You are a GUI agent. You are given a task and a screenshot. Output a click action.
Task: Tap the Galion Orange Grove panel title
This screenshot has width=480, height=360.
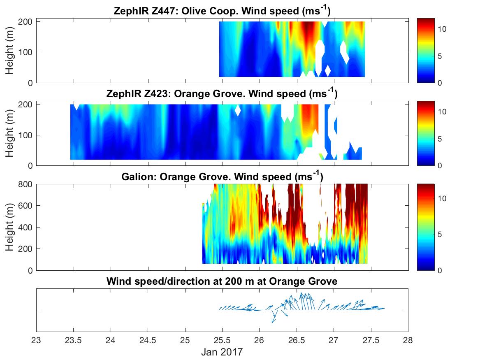(x=222, y=177)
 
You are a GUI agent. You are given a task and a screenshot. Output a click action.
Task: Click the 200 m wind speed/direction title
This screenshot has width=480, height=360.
(x=222, y=282)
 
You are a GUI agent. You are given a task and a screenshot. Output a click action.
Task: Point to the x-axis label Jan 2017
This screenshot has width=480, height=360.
(x=222, y=352)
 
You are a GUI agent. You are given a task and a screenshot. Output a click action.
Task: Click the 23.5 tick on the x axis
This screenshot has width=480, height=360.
(x=73, y=341)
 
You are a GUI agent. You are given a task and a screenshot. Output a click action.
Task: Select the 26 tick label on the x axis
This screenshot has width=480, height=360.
(x=260, y=341)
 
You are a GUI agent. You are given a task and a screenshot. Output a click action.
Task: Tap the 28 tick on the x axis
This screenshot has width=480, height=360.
(x=408, y=341)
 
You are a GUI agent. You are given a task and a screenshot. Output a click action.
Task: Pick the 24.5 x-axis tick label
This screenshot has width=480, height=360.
(x=148, y=341)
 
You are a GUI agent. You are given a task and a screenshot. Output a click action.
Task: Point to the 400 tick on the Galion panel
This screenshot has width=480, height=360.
(x=27, y=227)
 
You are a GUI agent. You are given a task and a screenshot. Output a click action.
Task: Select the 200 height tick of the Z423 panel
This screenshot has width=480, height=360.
(x=27, y=104)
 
